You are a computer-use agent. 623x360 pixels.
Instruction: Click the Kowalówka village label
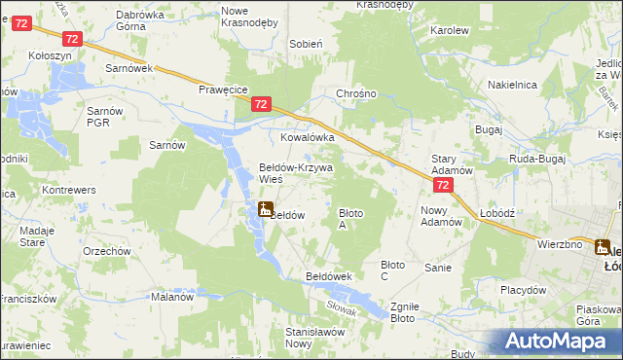308,138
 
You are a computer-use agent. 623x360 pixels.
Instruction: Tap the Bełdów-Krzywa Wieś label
295,173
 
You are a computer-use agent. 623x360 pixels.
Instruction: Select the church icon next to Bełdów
265,208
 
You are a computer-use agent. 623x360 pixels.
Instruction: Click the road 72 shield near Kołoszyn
71,38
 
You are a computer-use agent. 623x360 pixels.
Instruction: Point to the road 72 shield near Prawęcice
260,103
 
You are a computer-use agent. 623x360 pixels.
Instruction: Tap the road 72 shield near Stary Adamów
443,185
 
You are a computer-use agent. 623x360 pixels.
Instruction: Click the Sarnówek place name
130,69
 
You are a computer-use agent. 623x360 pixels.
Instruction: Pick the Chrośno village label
355,93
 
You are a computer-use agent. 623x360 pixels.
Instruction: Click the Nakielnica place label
512,85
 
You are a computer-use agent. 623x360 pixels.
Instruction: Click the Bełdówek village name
328,276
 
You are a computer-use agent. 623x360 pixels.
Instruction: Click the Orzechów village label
107,251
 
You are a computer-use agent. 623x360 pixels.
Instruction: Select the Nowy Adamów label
441,216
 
